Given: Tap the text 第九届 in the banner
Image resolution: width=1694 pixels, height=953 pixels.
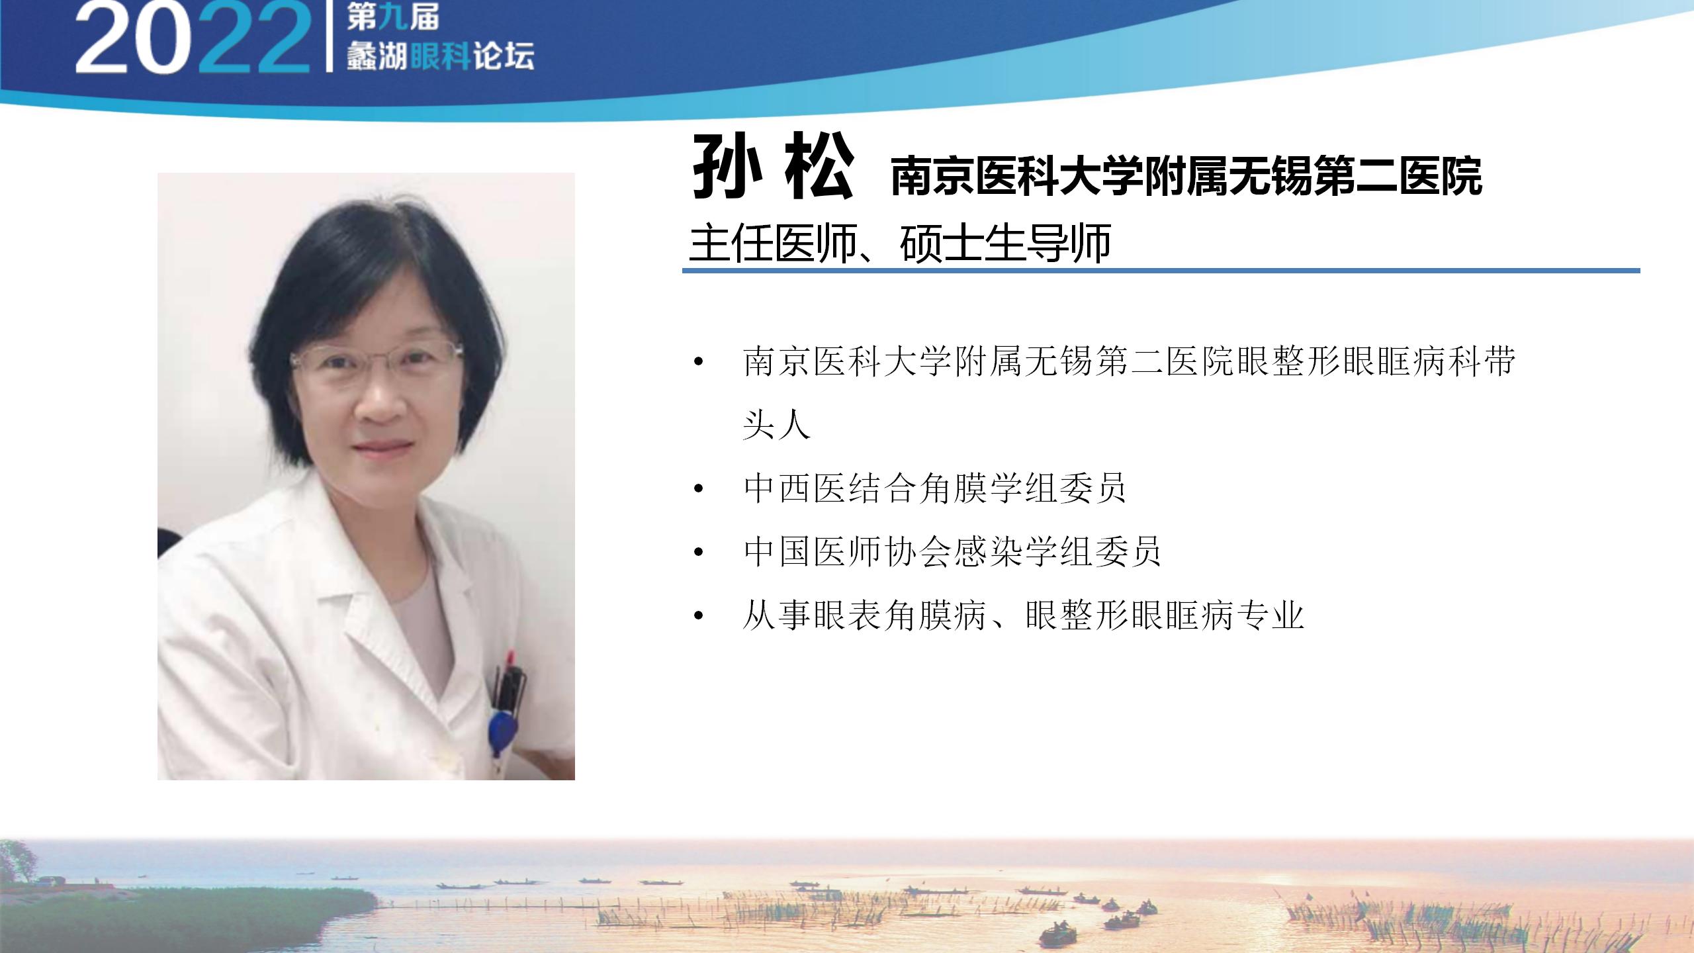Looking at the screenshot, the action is click(x=393, y=18).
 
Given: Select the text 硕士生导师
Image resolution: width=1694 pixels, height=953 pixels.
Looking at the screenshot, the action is click(x=1004, y=243).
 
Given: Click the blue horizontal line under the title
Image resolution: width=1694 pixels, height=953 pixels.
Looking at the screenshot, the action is click(x=1161, y=270).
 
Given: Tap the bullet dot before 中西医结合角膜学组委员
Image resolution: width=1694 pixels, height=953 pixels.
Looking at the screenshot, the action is click(x=698, y=490).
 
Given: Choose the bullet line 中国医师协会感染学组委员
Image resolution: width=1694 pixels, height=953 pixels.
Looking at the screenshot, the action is click(x=952, y=552).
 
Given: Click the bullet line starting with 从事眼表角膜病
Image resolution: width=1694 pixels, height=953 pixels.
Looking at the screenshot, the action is click(x=1023, y=615).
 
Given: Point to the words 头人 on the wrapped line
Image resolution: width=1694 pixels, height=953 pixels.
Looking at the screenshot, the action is click(x=776, y=425).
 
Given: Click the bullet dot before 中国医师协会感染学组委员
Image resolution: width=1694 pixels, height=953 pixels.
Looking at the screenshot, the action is click(x=698, y=553).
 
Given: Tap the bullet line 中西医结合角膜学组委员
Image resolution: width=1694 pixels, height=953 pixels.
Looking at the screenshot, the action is click(x=934, y=488).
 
